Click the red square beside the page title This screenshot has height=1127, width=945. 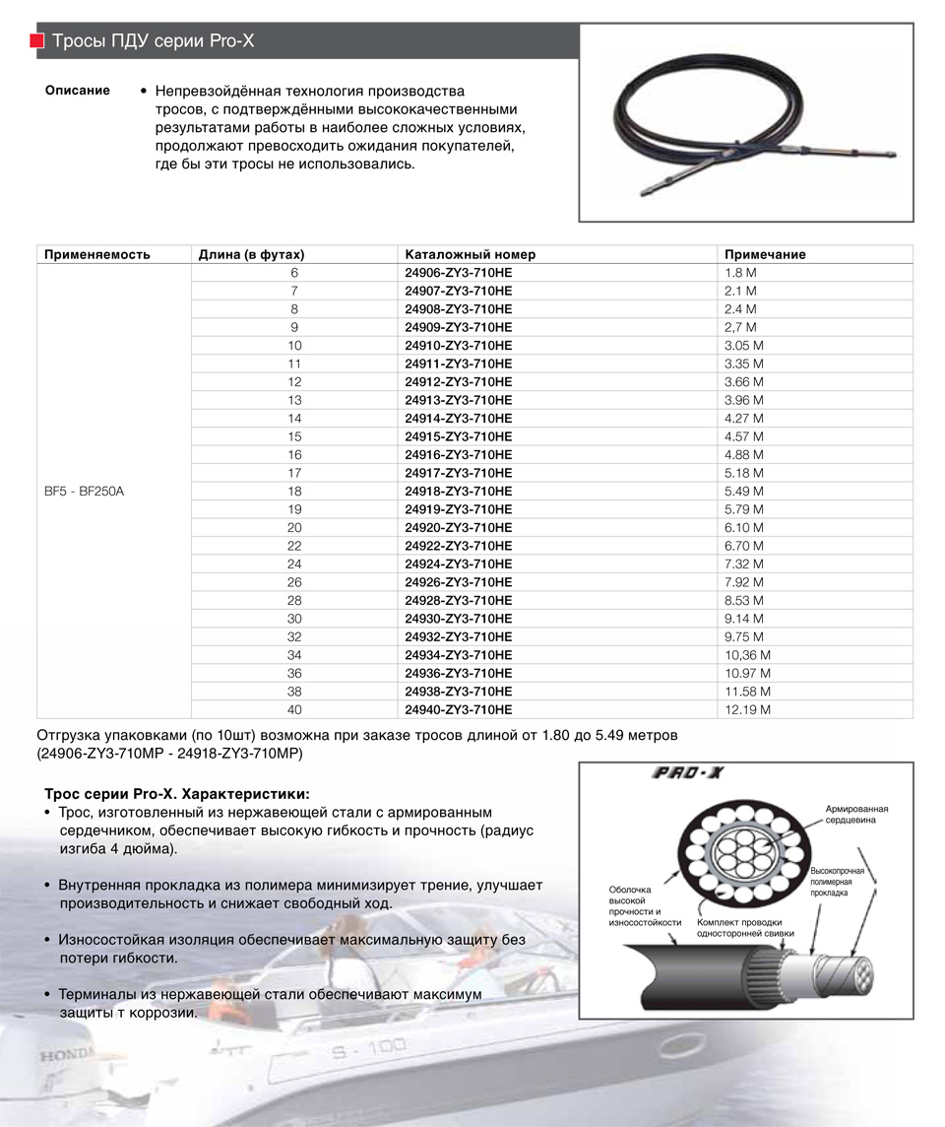point(36,41)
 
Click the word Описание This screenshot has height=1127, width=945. point(78,91)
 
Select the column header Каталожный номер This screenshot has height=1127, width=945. point(470,254)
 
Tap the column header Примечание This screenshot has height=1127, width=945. point(764,254)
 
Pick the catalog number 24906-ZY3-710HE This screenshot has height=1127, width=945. point(458,273)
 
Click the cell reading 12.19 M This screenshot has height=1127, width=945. point(747,709)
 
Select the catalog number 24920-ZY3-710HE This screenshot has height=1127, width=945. point(458,528)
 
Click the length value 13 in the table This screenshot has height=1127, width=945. point(294,400)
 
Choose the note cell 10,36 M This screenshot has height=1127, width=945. point(747,655)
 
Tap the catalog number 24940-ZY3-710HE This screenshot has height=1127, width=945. point(458,709)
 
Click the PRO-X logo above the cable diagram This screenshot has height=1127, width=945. point(689,773)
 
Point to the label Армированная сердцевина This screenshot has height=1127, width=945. point(850,813)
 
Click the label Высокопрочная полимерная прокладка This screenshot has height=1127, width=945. point(837,882)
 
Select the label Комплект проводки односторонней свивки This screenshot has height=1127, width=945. point(744,927)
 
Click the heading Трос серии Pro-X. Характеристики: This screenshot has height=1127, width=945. point(177,793)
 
